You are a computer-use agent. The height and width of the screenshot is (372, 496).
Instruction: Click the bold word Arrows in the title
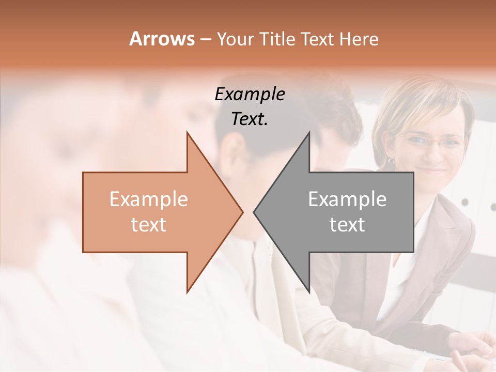[162, 39]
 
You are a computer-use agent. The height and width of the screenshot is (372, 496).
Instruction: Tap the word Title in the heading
[277, 39]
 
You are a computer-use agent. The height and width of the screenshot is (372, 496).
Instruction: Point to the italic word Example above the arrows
[250, 95]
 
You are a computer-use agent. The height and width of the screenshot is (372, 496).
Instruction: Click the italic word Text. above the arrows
[250, 119]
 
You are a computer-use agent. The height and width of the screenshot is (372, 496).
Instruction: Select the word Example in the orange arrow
[149, 199]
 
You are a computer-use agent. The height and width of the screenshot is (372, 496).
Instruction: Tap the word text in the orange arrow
[149, 224]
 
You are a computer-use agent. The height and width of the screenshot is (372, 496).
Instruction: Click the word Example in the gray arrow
[347, 199]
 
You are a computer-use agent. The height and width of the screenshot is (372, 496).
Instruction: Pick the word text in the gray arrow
[347, 224]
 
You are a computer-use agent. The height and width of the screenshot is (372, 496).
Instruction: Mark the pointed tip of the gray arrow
[254, 212]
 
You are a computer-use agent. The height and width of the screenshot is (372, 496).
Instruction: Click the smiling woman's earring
[391, 161]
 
